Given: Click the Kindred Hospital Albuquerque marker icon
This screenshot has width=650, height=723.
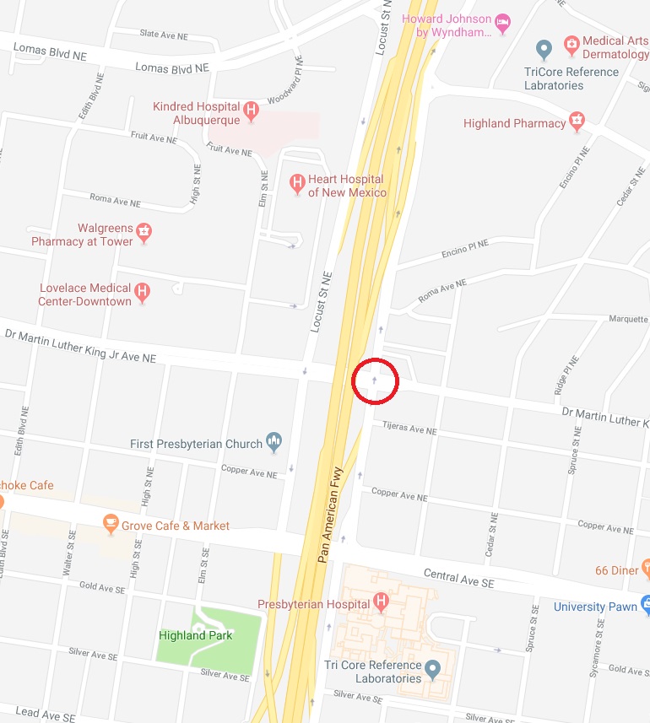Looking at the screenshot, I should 250,109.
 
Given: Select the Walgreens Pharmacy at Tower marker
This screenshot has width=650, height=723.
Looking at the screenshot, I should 144,232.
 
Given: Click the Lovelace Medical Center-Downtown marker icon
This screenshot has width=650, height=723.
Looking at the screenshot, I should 143,292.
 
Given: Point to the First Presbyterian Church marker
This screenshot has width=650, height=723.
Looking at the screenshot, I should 274,440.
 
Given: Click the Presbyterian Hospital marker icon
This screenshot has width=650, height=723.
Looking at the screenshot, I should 381,602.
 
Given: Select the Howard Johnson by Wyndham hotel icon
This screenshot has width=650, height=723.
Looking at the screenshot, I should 503,22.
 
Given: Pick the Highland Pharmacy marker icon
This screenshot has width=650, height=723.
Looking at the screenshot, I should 577,121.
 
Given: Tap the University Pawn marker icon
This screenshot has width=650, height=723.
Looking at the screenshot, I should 646,604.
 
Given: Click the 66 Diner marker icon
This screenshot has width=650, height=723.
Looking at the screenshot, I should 646,568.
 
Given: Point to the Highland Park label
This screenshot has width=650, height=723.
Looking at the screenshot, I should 196,635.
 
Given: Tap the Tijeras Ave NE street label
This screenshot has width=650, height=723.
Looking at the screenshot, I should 409,429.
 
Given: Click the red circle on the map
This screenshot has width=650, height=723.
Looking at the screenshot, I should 375,381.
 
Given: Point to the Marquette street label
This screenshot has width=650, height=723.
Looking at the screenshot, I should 628,319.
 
